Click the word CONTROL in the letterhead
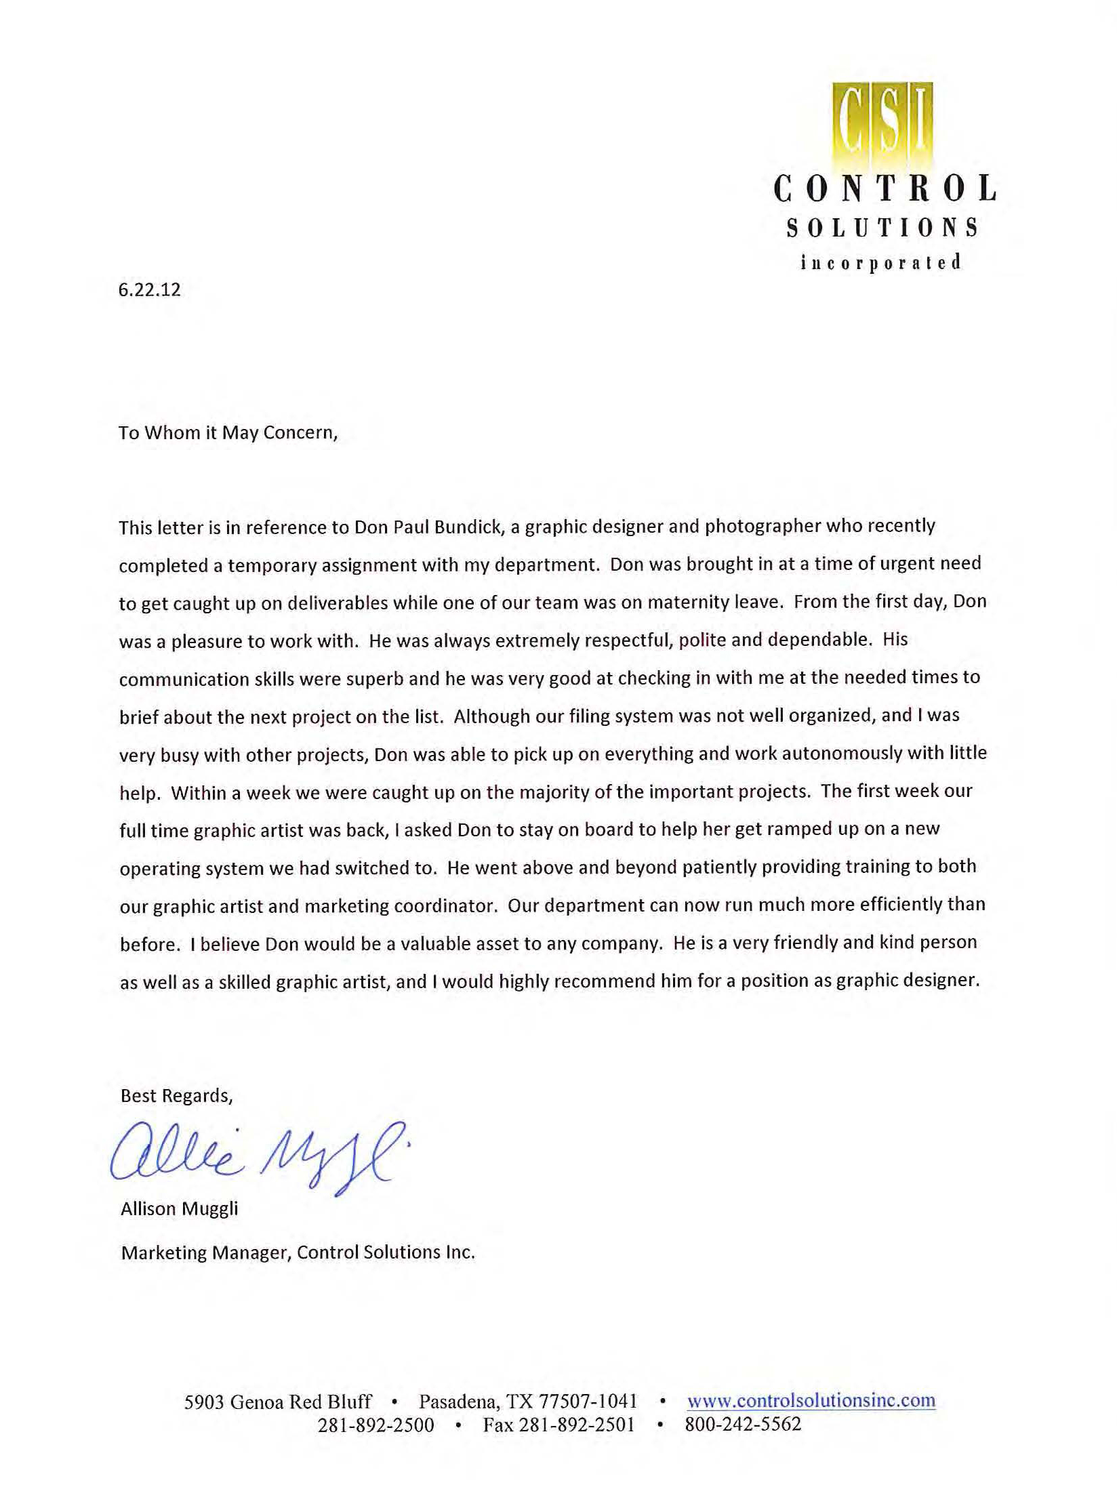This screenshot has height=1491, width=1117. point(885,189)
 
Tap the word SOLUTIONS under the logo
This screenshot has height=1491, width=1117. point(882,228)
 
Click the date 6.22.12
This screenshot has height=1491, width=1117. point(150,290)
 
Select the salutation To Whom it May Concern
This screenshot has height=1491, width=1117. point(228,432)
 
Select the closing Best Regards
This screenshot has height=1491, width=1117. point(176,1096)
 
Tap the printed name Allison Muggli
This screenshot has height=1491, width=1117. point(180,1208)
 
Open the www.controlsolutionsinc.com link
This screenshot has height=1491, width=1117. point(811,1400)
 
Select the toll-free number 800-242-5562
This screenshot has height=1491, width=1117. point(743,1423)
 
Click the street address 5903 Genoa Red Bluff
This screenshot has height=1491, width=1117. point(278,1402)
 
